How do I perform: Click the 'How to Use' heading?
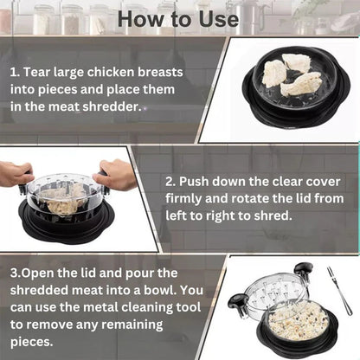[x=180, y=18]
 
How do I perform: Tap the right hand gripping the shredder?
[x=116, y=173]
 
